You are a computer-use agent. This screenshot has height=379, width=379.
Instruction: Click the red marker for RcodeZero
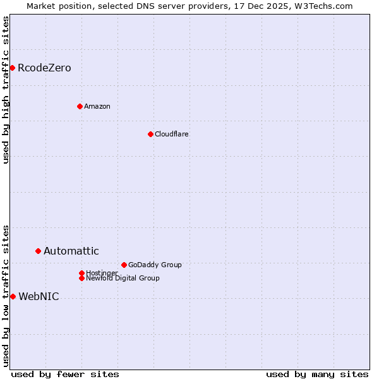click(x=12, y=68)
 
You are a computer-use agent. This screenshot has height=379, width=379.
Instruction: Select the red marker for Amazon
click(x=80, y=106)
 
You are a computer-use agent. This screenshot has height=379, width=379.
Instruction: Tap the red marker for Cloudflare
click(x=150, y=134)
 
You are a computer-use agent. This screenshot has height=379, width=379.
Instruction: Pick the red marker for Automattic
click(x=38, y=251)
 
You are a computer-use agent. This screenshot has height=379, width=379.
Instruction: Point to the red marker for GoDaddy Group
click(x=124, y=265)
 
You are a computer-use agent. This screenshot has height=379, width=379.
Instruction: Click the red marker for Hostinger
click(x=81, y=273)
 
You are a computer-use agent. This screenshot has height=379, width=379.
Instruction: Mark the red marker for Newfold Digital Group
click(x=81, y=278)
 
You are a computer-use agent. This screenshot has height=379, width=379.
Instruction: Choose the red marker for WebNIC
click(x=13, y=296)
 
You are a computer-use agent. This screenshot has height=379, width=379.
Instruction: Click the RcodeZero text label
click(x=44, y=68)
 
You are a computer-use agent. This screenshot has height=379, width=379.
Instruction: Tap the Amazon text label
click(x=97, y=106)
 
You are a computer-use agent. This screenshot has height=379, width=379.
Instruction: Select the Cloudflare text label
click(x=172, y=134)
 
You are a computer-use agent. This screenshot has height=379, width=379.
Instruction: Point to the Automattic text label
click(x=71, y=251)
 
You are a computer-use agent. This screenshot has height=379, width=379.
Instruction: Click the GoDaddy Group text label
click(x=155, y=265)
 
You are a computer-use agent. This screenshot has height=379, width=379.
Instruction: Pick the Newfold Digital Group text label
click(x=123, y=279)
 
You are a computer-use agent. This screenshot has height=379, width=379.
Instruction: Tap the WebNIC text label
click(x=39, y=297)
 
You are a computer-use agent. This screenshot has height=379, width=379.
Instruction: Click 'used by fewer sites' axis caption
click(x=65, y=374)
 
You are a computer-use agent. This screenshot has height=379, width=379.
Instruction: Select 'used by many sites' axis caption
click(x=317, y=374)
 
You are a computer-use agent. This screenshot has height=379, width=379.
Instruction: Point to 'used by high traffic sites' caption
click(x=6, y=90)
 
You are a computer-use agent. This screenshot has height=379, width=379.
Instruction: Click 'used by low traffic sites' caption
click(x=6, y=295)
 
